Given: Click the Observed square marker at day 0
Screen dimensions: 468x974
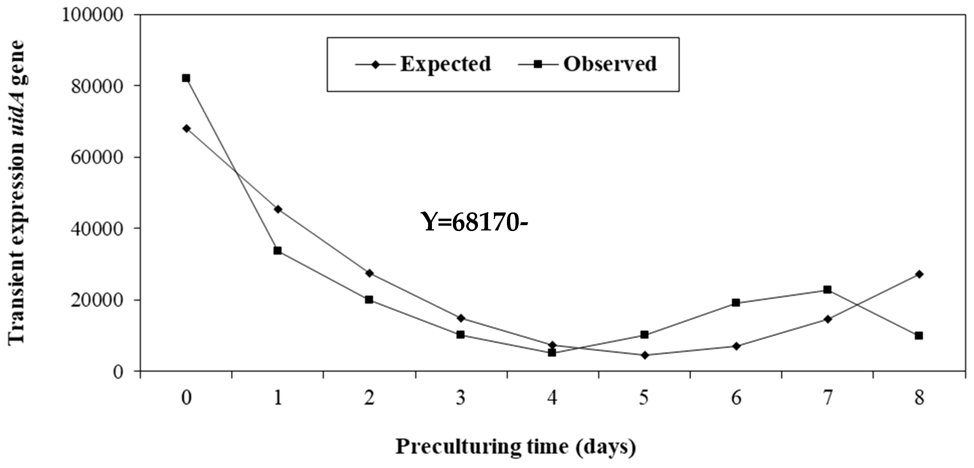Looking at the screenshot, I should (x=186, y=78).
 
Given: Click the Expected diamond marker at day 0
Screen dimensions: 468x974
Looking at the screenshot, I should (x=186, y=129).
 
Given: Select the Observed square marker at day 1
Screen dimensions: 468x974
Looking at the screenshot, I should (x=278, y=251).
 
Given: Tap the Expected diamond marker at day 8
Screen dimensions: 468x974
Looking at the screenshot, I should (x=919, y=274).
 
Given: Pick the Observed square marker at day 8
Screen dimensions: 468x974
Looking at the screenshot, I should (x=919, y=336).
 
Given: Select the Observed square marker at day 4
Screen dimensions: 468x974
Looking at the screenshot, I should (x=552, y=353).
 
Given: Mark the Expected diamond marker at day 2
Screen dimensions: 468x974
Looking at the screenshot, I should (x=369, y=273).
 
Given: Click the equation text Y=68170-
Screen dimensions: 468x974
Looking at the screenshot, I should (x=474, y=222).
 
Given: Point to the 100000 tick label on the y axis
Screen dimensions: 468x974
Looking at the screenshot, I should (x=93, y=15).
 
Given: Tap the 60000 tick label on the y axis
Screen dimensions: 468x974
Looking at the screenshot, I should (x=97, y=158).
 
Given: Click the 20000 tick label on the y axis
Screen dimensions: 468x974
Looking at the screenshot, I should (x=97, y=300).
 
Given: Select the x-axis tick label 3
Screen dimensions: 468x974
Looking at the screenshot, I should (x=461, y=398).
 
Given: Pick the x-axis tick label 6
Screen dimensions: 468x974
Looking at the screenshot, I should (x=736, y=398).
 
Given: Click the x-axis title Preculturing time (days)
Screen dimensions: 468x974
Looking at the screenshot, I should (x=516, y=447).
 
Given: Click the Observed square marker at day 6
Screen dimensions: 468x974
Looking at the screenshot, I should (x=736, y=303).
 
